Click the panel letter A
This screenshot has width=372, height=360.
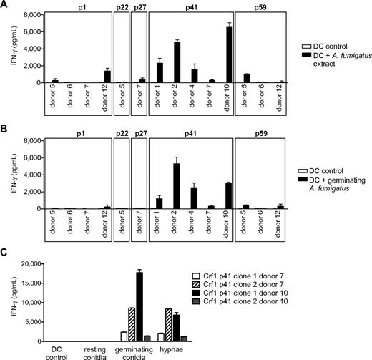pos(5,5)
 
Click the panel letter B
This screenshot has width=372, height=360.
pos(5,132)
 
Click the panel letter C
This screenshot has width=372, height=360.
pos(5,251)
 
